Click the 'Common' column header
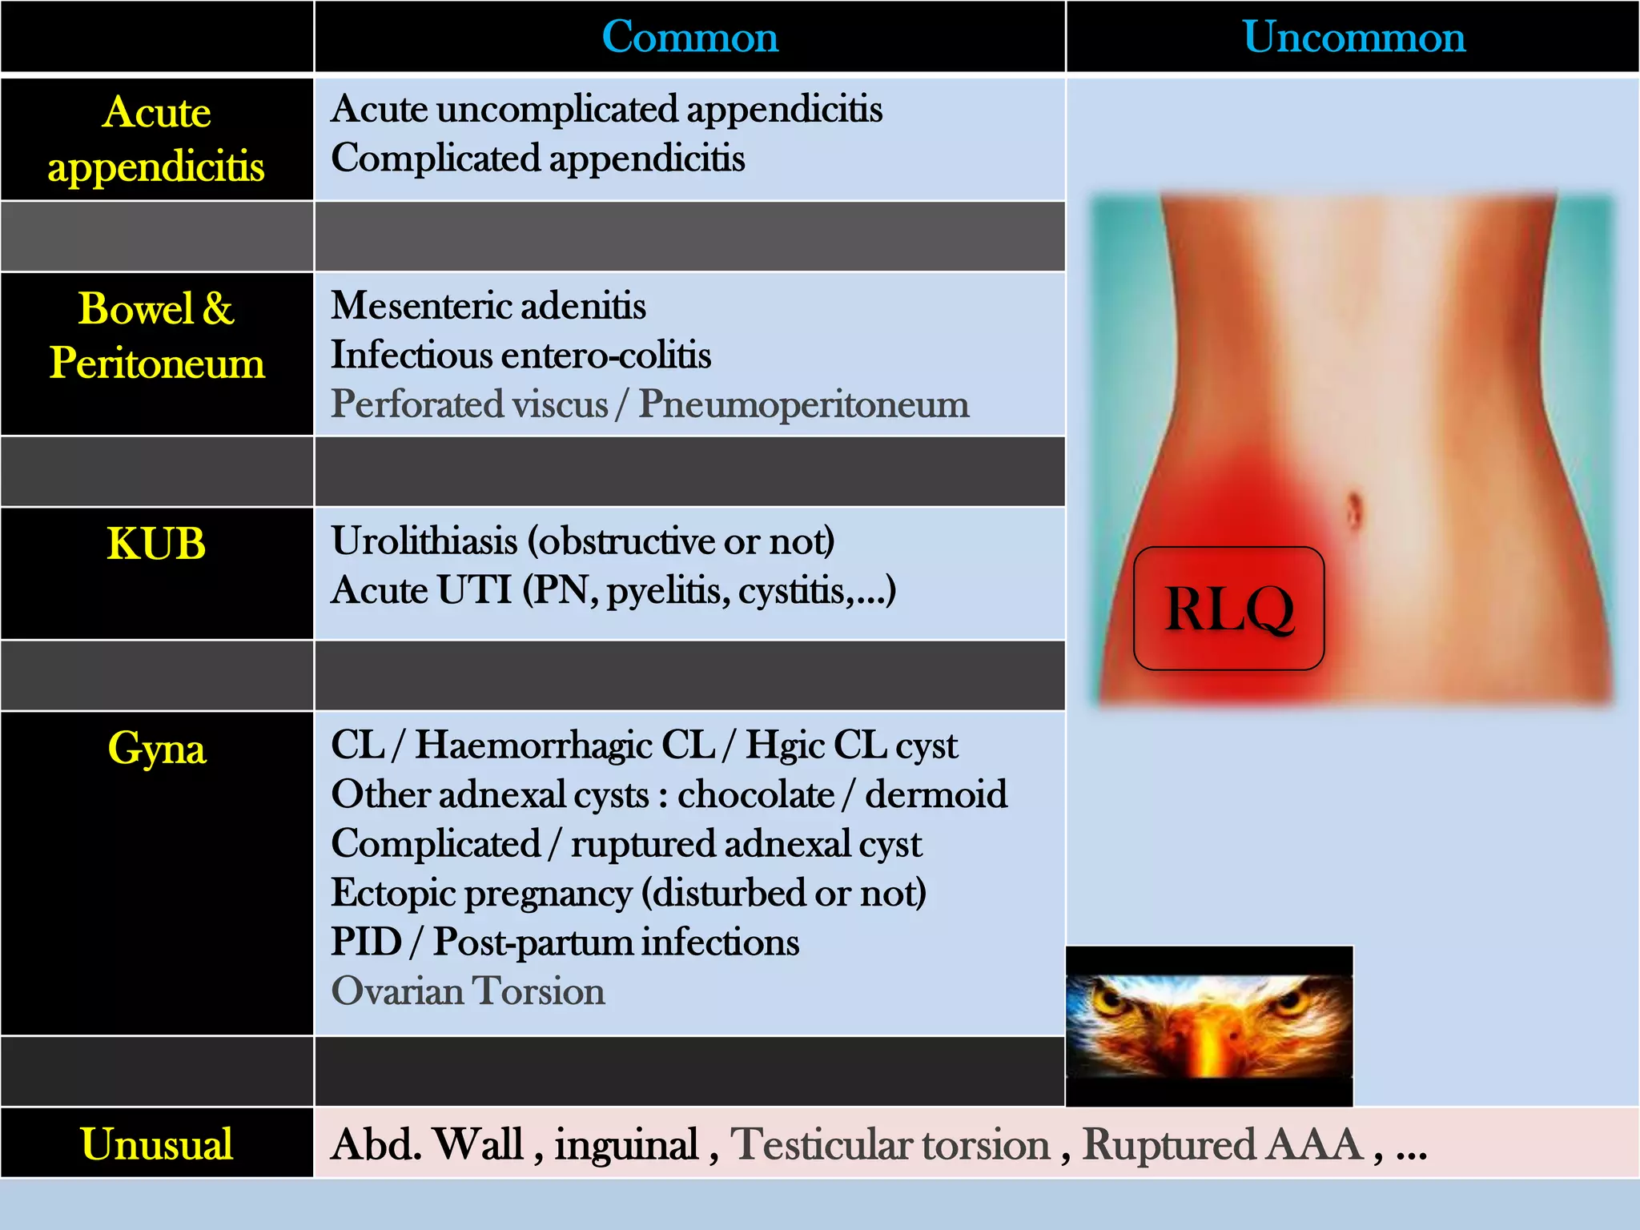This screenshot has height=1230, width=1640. click(x=689, y=37)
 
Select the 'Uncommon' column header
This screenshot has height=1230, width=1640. click(x=1353, y=37)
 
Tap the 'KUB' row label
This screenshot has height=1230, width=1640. click(x=157, y=545)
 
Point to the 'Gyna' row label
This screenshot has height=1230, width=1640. click(x=157, y=749)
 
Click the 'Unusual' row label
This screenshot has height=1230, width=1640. click(x=157, y=1144)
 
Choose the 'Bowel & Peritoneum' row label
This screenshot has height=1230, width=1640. click(x=157, y=336)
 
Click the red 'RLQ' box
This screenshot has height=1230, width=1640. click(x=1228, y=609)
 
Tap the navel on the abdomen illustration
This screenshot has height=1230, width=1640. click(x=1354, y=509)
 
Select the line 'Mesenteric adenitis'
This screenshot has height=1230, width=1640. click(x=488, y=306)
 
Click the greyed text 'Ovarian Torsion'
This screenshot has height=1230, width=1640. click(x=468, y=991)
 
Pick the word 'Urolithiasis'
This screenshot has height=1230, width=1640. click(x=424, y=541)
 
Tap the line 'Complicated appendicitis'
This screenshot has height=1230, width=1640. click(x=538, y=159)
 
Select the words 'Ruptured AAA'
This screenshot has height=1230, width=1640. click(x=1223, y=1144)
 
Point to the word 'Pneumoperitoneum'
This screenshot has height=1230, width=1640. click(x=803, y=404)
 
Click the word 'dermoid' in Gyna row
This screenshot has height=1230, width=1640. click(x=936, y=795)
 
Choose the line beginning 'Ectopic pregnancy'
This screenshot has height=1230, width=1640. click(x=629, y=893)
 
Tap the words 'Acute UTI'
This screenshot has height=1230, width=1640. click(x=421, y=591)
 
